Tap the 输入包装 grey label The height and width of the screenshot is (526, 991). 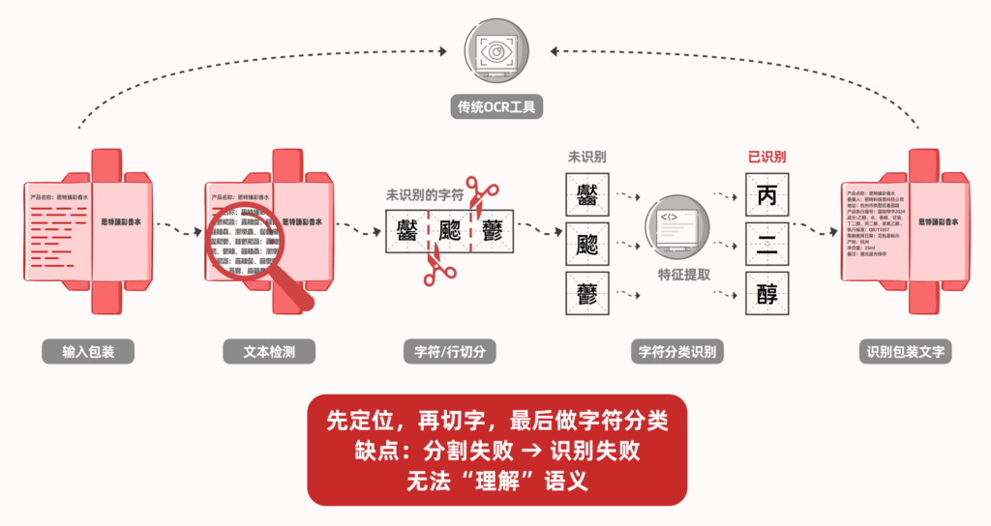[x=88, y=352]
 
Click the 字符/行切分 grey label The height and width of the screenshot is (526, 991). [x=449, y=352]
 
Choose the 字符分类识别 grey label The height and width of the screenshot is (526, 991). [x=677, y=352]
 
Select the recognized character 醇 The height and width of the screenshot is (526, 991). [x=766, y=294]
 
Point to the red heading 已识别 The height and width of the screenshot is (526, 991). [x=766, y=157]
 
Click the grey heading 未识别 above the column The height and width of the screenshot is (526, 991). [x=586, y=157]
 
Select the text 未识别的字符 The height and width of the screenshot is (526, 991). [x=425, y=194]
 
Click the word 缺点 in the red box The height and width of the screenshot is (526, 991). [x=376, y=451]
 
